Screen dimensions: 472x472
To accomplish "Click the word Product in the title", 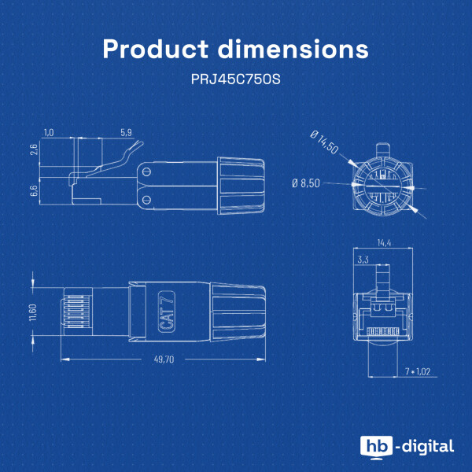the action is click(x=155, y=49).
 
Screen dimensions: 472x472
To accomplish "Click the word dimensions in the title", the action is click(x=293, y=49).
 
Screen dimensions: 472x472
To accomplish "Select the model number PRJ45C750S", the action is click(x=236, y=79).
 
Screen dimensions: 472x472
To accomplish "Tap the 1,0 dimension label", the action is click(x=49, y=132).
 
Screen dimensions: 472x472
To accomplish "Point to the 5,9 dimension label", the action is click(x=126, y=132).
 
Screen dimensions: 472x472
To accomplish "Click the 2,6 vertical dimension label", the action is click(x=34, y=149).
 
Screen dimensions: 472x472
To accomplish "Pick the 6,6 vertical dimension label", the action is click(x=34, y=190).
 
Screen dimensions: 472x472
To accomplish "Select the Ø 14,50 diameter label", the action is click(x=324, y=142).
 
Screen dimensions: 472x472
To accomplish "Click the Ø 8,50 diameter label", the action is click(x=306, y=183).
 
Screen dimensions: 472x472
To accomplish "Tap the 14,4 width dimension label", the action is click(x=384, y=243).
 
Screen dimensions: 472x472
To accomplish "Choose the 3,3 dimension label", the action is click(x=363, y=260).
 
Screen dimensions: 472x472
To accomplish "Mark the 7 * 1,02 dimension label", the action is click(x=418, y=372).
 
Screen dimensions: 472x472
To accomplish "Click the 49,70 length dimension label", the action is click(x=164, y=360).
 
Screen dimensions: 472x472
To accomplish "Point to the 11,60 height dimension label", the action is click(x=33, y=312).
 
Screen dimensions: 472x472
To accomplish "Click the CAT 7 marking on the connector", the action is click(x=167, y=312).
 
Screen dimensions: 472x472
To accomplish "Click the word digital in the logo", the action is click(x=428, y=447).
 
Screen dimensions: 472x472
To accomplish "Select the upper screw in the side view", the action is click(x=147, y=172).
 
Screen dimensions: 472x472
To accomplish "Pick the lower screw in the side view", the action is click(x=146, y=199).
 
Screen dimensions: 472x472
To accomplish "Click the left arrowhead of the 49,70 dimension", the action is click(x=65, y=360).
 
